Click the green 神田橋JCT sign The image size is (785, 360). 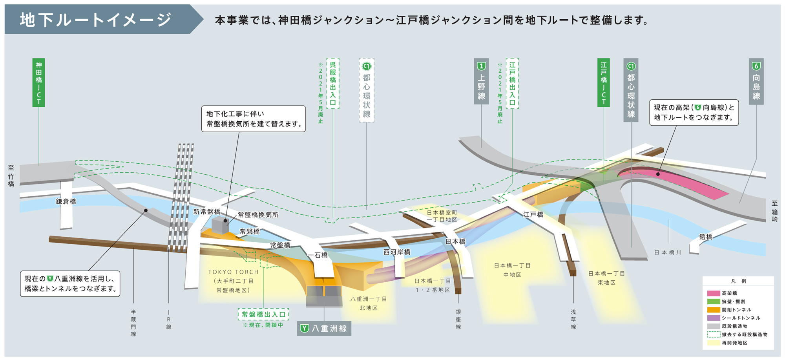(38, 82)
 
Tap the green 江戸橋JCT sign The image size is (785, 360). (604, 82)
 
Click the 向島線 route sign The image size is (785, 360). (756, 82)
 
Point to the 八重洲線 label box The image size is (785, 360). (324, 328)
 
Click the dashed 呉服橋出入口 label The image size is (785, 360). (332, 83)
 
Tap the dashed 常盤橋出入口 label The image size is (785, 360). (263, 314)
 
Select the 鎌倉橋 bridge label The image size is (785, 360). (66, 201)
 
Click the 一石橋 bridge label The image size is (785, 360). (318, 255)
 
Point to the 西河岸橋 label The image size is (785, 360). (397, 252)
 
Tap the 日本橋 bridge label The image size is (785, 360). (455, 241)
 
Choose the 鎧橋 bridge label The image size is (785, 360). (706, 237)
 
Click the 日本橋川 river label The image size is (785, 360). (668, 252)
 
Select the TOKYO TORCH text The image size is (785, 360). (234, 272)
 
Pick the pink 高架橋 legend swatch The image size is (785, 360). (713, 293)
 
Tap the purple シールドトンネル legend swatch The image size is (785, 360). (713, 318)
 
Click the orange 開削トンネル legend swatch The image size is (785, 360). (713, 310)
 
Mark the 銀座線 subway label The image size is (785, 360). (458, 319)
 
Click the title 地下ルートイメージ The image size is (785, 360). (96, 20)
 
